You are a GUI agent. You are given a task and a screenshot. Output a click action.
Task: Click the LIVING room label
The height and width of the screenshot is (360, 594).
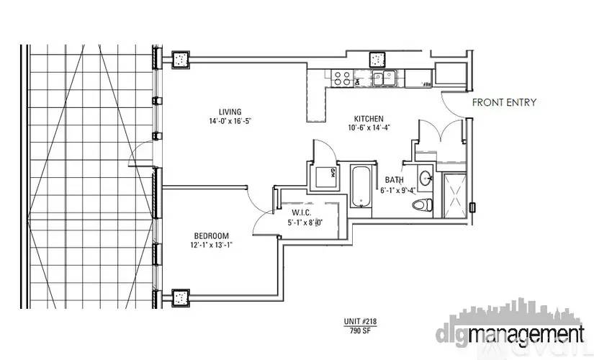click(230, 112)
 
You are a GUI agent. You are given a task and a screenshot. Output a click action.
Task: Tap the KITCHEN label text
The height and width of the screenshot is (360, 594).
click(369, 119)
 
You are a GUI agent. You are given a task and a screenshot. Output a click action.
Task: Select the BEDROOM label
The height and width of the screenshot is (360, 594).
click(212, 235)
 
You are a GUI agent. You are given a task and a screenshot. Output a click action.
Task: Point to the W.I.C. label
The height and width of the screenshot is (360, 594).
click(302, 213)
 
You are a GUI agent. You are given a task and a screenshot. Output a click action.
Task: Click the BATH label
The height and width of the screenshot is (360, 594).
click(394, 179)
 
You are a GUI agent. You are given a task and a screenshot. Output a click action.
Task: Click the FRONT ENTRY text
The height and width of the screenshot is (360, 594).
click(504, 102)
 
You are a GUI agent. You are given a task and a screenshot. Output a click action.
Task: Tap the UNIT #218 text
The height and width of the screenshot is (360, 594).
click(360, 322)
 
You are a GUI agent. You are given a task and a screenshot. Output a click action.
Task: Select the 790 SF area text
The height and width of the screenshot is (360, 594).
click(360, 330)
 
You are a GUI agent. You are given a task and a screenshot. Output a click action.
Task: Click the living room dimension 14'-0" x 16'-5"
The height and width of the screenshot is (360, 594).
click(230, 121)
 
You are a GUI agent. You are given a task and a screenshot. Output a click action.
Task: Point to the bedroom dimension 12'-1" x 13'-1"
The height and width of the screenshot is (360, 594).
click(212, 246)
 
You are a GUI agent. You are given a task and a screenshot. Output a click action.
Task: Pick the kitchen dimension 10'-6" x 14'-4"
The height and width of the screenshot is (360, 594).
click(369, 128)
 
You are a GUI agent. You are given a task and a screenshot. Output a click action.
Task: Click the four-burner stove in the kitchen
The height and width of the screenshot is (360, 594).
click(342, 78)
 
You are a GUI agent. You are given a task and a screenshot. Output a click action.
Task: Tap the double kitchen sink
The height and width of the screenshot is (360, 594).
click(383, 78)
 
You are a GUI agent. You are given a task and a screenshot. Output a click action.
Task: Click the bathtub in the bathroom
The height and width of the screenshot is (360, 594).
click(360, 186)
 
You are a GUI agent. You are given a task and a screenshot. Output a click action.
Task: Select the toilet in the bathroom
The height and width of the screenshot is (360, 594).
click(423, 205)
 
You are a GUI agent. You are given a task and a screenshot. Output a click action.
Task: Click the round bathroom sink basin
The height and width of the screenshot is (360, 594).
click(426, 177)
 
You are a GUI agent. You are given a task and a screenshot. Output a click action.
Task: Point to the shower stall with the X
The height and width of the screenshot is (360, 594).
click(454, 196)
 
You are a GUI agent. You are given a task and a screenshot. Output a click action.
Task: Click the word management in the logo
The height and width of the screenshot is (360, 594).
click(526, 335)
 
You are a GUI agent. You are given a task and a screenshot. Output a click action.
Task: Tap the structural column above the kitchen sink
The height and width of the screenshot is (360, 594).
click(377, 60)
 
